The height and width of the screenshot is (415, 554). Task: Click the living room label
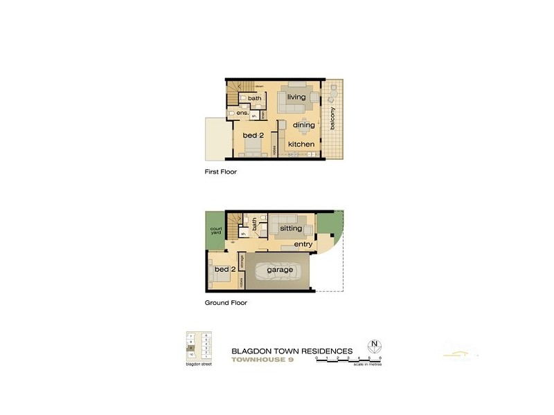[x=296, y=98]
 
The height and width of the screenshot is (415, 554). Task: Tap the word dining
[x=303, y=125]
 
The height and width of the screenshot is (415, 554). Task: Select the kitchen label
[x=301, y=145]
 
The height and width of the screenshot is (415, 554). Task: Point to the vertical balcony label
[x=333, y=119]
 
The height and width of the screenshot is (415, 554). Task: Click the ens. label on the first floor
[x=242, y=113]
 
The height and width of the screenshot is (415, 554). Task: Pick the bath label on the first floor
[x=255, y=98]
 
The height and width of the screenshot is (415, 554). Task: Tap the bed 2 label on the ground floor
[x=225, y=269]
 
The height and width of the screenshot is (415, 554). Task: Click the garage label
[x=279, y=270]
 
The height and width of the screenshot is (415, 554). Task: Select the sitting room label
[x=291, y=228]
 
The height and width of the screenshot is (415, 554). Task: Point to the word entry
[x=303, y=245]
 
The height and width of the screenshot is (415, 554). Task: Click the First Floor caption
[x=221, y=172]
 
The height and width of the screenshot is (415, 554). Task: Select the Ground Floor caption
[x=226, y=303]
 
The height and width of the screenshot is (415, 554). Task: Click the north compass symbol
[x=375, y=345]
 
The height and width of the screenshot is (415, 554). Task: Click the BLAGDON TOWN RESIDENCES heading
[x=292, y=351]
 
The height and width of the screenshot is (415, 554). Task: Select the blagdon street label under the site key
[x=199, y=365]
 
